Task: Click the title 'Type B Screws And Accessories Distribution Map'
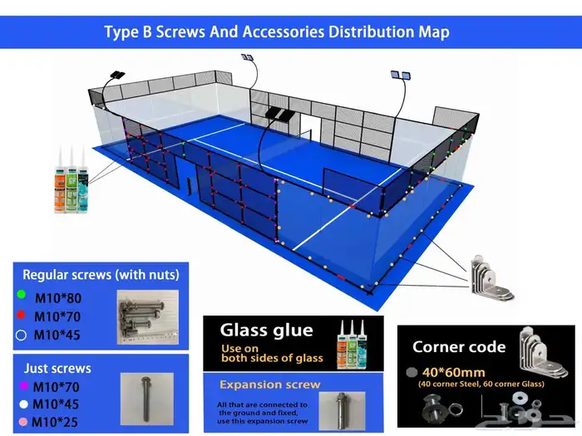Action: coord(277,32)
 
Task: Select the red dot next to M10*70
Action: coord(20,316)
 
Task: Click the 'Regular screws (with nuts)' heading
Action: coord(101,275)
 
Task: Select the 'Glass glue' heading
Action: coord(266,330)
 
